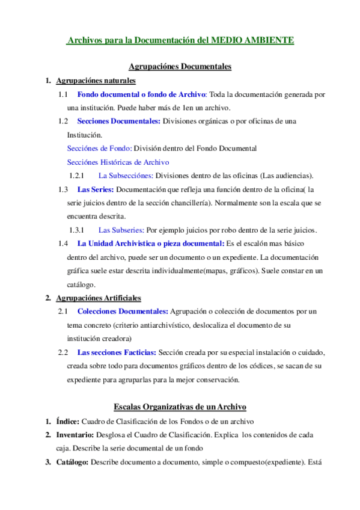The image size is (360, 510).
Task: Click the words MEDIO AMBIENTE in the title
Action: pos(254,40)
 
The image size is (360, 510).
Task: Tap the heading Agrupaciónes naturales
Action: pos(95,81)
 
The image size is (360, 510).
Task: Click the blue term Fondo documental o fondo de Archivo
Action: pos(142,94)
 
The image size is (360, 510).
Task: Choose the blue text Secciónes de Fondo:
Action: pos(99,148)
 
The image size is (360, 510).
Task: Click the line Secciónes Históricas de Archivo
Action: pos(118,162)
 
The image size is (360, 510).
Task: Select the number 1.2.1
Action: pos(76,176)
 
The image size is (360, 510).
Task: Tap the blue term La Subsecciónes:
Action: pos(124,176)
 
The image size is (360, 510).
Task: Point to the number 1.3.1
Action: pos(76,230)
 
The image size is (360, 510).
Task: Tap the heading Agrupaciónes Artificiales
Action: pos(99,297)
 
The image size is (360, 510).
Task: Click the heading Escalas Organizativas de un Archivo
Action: pos(180,407)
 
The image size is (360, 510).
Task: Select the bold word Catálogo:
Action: pos(72,462)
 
